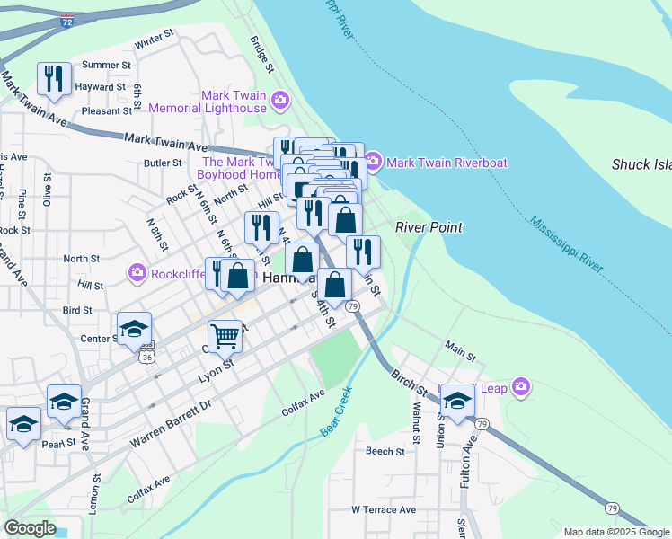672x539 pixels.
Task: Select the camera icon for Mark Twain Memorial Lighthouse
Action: pyautogui.click(x=279, y=99)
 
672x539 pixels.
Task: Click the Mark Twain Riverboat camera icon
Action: pyautogui.click(x=373, y=163)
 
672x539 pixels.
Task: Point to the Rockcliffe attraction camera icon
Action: pyautogui.click(x=137, y=271)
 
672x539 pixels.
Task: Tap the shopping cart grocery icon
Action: pyautogui.click(x=225, y=337)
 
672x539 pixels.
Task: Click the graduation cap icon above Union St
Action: pyautogui.click(x=456, y=402)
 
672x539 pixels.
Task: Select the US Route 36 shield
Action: pyautogui.click(x=146, y=358)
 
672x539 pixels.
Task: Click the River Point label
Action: pyautogui.click(x=429, y=227)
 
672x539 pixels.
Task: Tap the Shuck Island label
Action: pyautogui.click(x=641, y=164)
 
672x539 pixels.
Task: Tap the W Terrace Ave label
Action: pyautogui.click(x=384, y=509)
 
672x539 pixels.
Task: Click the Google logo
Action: pyautogui.click(x=30, y=528)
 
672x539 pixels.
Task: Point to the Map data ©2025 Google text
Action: pyautogui.click(x=616, y=532)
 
